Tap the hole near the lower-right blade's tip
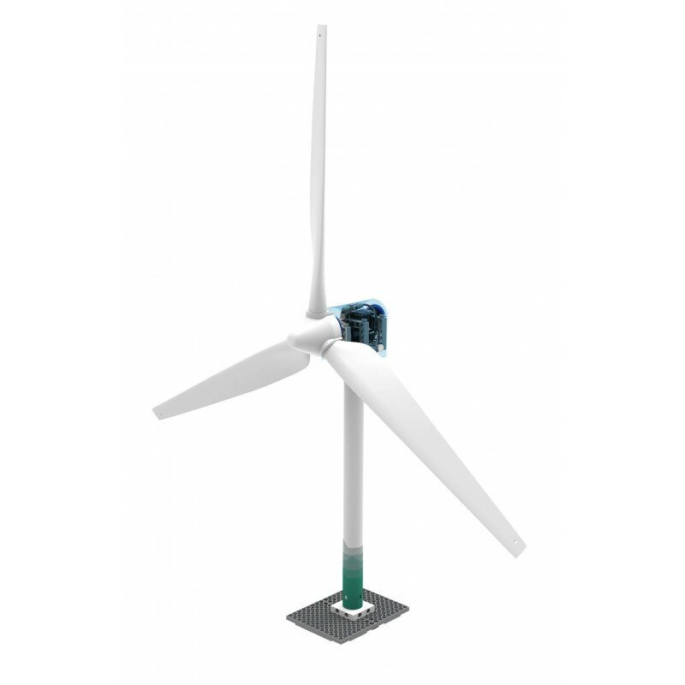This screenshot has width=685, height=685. (x=514, y=542)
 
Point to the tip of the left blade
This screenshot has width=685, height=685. (x=155, y=414)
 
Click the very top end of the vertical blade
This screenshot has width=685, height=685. (x=321, y=26)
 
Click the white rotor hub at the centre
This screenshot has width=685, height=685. (x=308, y=336)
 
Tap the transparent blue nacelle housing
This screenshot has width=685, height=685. (x=377, y=313)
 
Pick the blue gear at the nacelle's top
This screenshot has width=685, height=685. (x=353, y=306)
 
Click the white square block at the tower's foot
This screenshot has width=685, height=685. (x=352, y=610)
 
